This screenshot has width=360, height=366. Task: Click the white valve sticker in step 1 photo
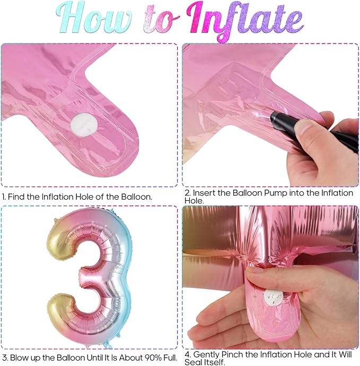point(84,123)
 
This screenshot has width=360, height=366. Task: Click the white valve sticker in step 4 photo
point(273,298)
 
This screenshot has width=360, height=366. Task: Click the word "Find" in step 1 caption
point(16,197)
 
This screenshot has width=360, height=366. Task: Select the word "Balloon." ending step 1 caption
point(136,197)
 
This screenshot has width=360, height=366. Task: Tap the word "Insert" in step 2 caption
point(204,193)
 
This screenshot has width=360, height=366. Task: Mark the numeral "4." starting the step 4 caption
point(188,354)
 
